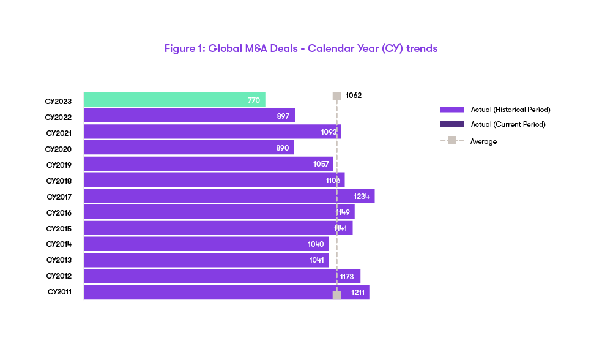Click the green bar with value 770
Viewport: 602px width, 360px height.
174,99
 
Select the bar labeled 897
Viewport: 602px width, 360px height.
190,115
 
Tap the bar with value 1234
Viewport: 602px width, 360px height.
229,196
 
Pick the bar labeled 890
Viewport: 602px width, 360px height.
189,148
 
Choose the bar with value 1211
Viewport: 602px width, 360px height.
226,293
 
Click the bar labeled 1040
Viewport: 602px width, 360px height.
206,244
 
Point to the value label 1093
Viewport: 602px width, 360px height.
329,132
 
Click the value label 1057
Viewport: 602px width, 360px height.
321,164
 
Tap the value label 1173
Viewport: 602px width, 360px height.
347,277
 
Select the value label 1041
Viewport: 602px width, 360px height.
316,260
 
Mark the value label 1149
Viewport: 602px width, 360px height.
343,212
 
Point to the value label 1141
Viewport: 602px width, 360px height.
340,228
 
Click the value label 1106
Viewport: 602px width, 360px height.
333,180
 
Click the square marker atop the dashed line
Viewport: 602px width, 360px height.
336,96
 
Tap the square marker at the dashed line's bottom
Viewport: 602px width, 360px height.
336,295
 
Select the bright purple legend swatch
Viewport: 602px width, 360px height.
452,110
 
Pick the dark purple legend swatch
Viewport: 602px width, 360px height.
452,124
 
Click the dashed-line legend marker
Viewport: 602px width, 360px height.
452,140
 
